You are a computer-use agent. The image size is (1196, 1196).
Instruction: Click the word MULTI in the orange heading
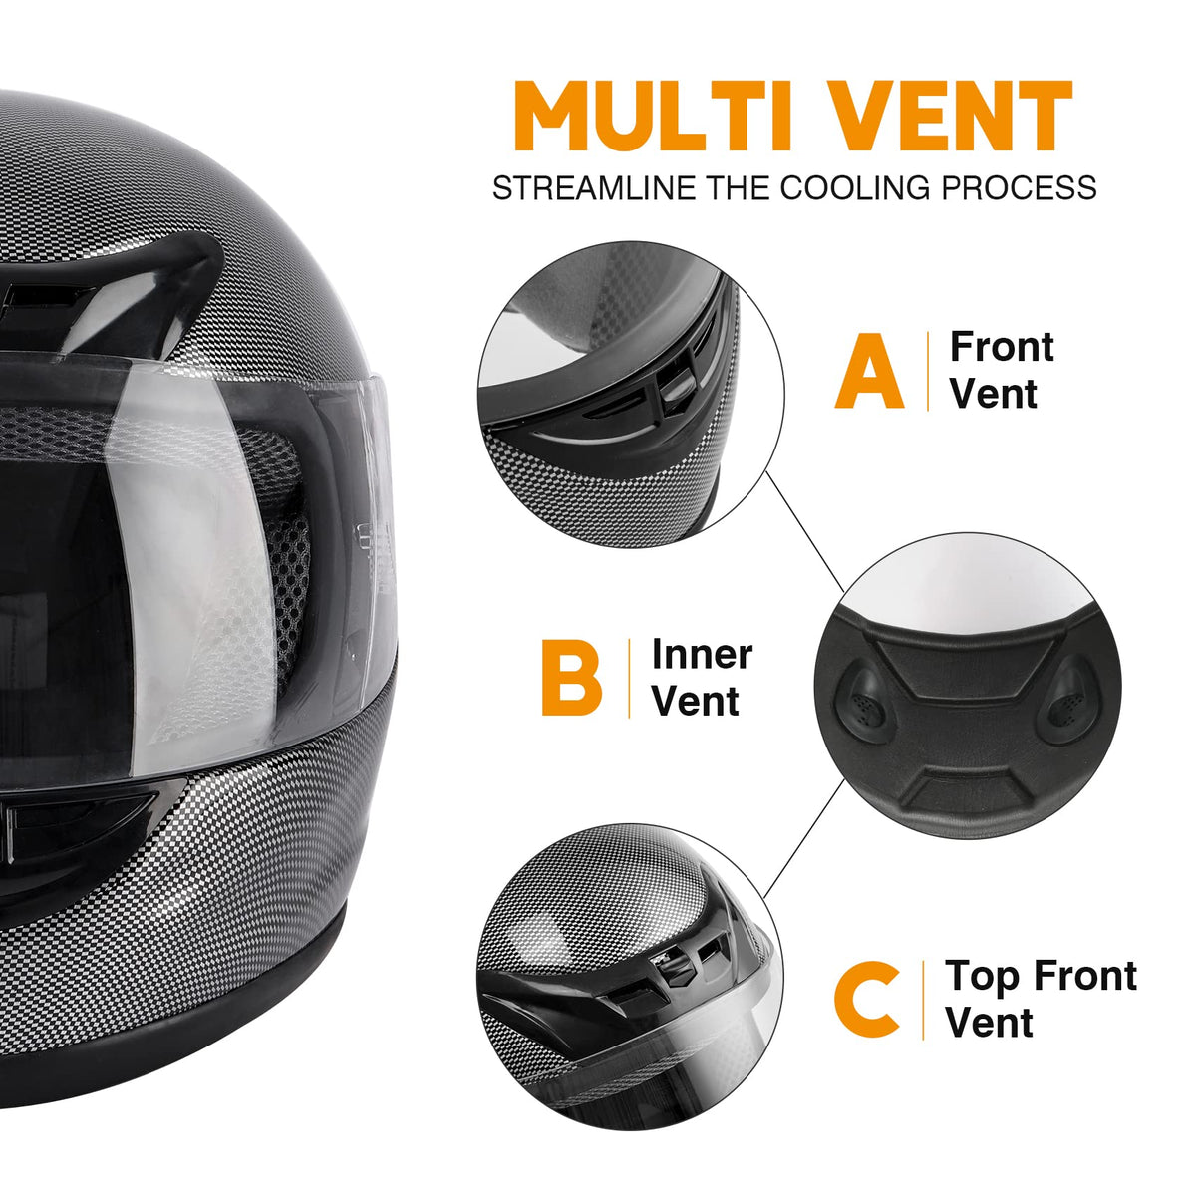pos(653,116)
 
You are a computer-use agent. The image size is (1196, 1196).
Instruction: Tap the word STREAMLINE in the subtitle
pos(596,187)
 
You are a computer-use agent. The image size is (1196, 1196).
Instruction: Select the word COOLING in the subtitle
pos(854,187)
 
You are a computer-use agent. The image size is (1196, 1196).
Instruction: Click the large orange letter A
pos(869,370)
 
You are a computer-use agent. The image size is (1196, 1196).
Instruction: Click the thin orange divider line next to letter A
pos(928,371)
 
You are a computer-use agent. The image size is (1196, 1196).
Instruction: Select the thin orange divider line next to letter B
pos(629,679)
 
